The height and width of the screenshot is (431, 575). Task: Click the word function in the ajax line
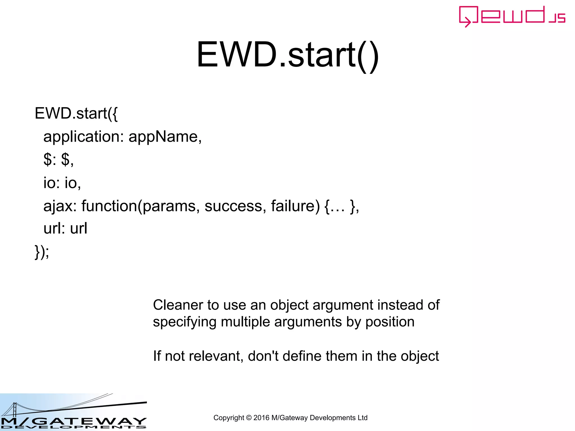[x=109, y=206]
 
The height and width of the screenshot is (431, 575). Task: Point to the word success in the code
[x=233, y=206]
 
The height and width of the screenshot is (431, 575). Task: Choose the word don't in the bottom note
[x=263, y=356]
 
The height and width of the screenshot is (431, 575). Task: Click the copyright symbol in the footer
[x=249, y=418]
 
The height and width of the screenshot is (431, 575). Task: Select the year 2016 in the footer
[x=261, y=418]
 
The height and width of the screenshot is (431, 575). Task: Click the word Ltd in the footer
[x=362, y=418]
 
